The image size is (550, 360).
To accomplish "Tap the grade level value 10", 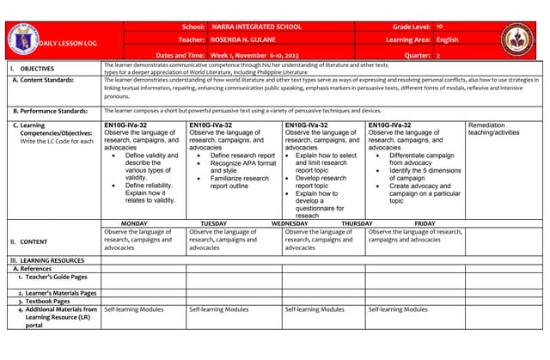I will [x=439, y=27].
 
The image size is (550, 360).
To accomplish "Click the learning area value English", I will [x=447, y=40].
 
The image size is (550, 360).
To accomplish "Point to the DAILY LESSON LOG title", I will [x=64, y=44].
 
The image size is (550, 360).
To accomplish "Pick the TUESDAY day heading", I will [x=214, y=223].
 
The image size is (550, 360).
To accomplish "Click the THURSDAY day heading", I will [x=357, y=223].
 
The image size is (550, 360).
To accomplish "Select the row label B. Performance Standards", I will [x=50, y=111].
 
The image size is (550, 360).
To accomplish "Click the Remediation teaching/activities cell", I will [x=494, y=129].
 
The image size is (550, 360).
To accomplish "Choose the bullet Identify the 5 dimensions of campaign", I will [x=419, y=174].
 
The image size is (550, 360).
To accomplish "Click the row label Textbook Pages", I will [x=49, y=302].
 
